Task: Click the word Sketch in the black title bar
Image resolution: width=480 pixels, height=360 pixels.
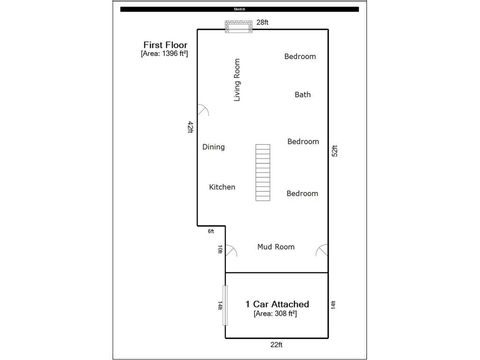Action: click(x=240, y=9)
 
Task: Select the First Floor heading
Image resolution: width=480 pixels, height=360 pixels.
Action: click(x=165, y=45)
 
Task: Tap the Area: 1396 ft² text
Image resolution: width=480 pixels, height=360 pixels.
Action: click(x=164, y=54)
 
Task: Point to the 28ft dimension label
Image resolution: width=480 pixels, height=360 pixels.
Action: click(x=262, y=22)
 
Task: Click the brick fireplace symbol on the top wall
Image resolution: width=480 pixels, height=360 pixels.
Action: click(x=239, y=27)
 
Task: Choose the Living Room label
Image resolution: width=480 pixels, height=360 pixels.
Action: click(x=237, y=80)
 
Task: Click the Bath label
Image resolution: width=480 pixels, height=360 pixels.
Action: click(x=302, y=95)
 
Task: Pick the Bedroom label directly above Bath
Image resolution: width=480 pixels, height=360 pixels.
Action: click(x=300, y=57)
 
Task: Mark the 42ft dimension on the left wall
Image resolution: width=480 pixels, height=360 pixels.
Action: click(x=190, y=127)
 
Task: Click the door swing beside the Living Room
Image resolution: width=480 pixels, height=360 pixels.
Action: click(x=202, y=111)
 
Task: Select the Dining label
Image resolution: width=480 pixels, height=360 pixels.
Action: click(x=213, y=147)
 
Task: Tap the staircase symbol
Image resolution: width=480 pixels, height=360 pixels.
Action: click(x=263, y=172)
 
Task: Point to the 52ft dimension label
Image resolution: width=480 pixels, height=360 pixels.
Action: click(x=335, y=153)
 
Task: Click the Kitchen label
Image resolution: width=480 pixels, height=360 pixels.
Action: click(x=222, y=187)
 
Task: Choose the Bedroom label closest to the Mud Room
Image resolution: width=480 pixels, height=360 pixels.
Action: click(x=302, y=194)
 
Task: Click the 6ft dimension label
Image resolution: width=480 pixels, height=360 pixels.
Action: click(x=210, y=232)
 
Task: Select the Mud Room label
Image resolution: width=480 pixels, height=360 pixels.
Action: click(x=276, y=247)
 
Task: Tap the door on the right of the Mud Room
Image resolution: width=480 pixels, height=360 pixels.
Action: click(x=322, y=251)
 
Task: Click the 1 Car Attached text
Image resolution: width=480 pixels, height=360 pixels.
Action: click(x=277, y=304)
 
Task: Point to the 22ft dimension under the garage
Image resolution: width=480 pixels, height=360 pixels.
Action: click(x=276, y=345)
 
